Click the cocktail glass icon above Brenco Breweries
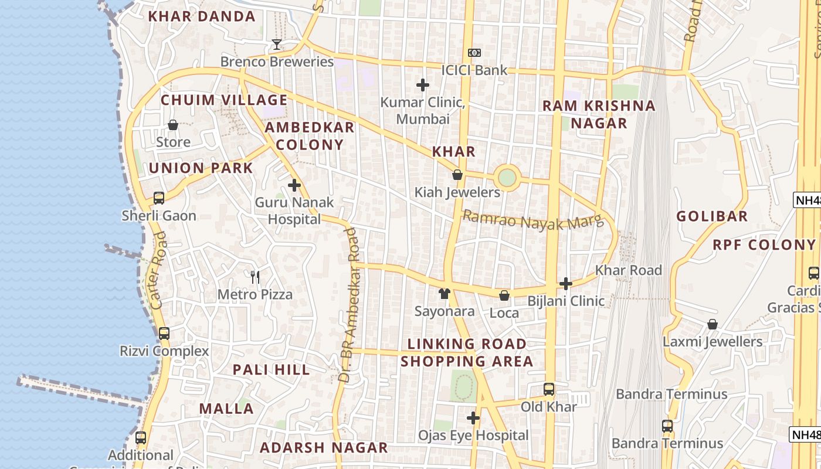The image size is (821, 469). coord(277,45)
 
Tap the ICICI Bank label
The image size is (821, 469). coord(474,70)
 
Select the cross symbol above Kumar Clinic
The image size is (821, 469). coord(422,86)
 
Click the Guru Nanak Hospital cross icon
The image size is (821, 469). coord(294,186)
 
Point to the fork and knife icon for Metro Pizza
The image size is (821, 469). coord(255,277)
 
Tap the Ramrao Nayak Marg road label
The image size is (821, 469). coord(532,220)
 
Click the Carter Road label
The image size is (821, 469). coord(158,270)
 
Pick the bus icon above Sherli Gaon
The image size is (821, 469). coord(159,198)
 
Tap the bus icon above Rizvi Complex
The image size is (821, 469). coord(164,334)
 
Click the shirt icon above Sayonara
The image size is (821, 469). coord(445,293)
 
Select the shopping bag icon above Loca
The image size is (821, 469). coord(504,295)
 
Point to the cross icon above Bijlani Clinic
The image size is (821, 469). coord(565,284)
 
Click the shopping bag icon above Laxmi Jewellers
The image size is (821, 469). coord(713,324)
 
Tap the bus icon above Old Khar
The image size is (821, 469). coord(548,389)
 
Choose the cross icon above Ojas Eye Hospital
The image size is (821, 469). coord(473,418)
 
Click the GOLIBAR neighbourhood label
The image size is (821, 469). coord(712,216)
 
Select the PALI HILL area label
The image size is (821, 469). coord(272,370)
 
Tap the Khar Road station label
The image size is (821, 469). coord(628,270)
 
